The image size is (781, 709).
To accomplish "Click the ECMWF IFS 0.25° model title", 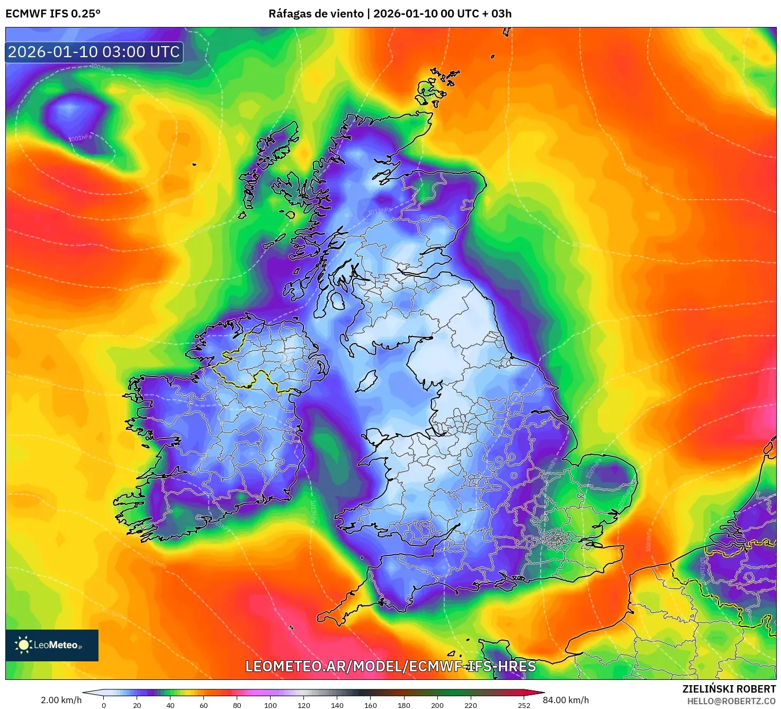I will pyautogui.click(x=53, y=14).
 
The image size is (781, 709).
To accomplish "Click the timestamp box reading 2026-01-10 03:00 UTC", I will pyautogui.click(x=94, y=52).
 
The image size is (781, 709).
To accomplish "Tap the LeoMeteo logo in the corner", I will pyautogui.click(x=51, y=645).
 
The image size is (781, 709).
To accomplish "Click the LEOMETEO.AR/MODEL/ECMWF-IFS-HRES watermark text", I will pyautogui.click(x=390, y=666).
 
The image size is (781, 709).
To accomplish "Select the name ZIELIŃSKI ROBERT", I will pyautogui.click(x=729, y=689).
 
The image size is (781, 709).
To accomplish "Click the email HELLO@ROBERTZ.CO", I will pyautogui.click(x=731, y=701).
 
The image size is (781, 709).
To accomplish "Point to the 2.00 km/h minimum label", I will pyautogui.click(x=61, y=700).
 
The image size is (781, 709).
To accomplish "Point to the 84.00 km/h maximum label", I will pyautogui.click(x=565, y=700).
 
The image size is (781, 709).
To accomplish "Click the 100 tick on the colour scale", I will pyautogui.click(x=271, y=705).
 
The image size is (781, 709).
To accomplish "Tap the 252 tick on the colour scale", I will pyautogui.click(x=524, y=705).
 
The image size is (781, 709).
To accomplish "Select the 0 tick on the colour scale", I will pyautogui.click(x=104, y=705).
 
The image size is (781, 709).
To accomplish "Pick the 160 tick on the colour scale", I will pyautogui.click(x=371, y=705).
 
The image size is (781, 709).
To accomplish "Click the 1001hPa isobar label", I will pyautogui.click(x=80, y=138).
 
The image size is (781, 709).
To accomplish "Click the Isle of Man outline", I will pyautogui.click(x=366, y=380).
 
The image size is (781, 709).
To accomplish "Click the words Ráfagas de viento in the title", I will pyautogui.click(x=316, y=14).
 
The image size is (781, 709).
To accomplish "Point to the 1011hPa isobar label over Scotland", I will pyautogui.click(x=380, y=211).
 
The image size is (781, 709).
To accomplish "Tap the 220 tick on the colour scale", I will pyautogui.click(x=471, y=705).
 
